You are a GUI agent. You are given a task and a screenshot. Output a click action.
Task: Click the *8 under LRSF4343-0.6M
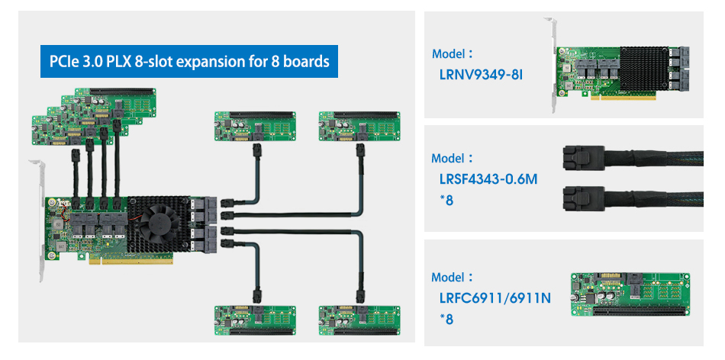tap(446, 201)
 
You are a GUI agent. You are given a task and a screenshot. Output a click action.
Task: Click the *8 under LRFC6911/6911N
tap(446, 319)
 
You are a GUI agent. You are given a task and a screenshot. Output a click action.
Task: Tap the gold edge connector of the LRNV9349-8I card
tap(626, 98)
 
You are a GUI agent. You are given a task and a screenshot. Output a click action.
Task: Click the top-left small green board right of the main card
tap(254, 127)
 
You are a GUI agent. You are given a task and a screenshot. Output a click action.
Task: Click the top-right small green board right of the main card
tap(358, 127)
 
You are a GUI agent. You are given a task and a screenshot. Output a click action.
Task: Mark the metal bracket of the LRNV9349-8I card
tap(550, 69)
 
